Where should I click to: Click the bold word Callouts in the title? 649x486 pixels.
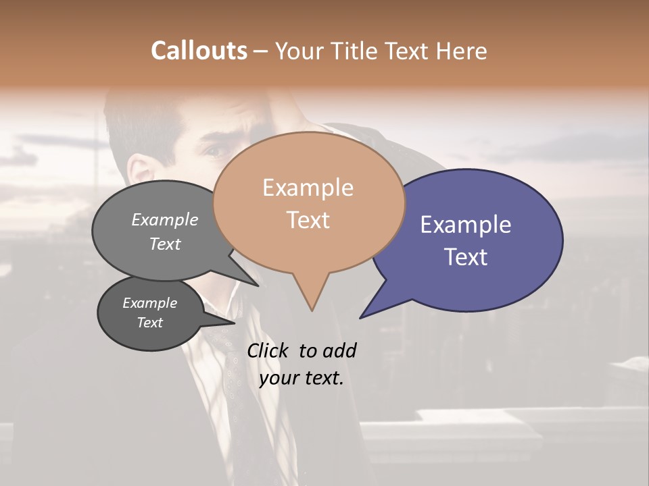199,51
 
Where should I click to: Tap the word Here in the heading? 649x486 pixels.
460,51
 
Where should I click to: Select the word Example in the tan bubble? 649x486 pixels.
308,188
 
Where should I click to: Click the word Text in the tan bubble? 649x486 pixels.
308,219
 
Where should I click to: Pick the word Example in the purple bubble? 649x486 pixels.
466,225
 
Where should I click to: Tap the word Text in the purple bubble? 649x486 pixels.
466,256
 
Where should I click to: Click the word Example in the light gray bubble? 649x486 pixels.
165,219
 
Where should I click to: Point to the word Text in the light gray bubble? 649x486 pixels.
165,244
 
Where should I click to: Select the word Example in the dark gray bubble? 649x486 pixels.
149,303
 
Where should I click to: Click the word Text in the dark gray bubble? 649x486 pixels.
149,323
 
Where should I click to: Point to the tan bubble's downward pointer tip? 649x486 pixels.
312,309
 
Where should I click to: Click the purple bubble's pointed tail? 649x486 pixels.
363,315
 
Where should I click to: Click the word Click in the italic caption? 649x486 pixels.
268,350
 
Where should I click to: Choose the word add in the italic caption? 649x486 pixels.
340,350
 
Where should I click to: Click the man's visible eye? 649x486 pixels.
215,151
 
